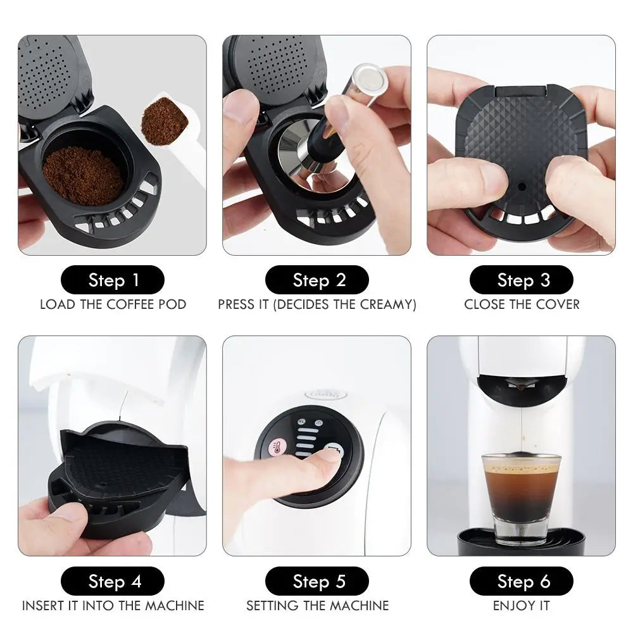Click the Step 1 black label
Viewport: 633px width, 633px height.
tap(112, 280)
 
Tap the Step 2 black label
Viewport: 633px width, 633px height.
tap(316, 280)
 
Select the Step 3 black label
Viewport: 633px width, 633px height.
tap(521, 280)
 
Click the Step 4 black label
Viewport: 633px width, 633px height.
tap(112, 581)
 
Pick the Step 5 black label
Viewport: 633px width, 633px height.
tap(316, 581)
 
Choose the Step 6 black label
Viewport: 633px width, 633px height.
tap(521, 581)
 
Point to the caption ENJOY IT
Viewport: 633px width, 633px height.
tap(521, 606)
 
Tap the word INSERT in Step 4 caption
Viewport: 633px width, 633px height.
tap(44, 606)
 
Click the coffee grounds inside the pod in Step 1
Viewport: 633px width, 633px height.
tap(82, 174)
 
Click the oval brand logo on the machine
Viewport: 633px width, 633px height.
tap(326, 394)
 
